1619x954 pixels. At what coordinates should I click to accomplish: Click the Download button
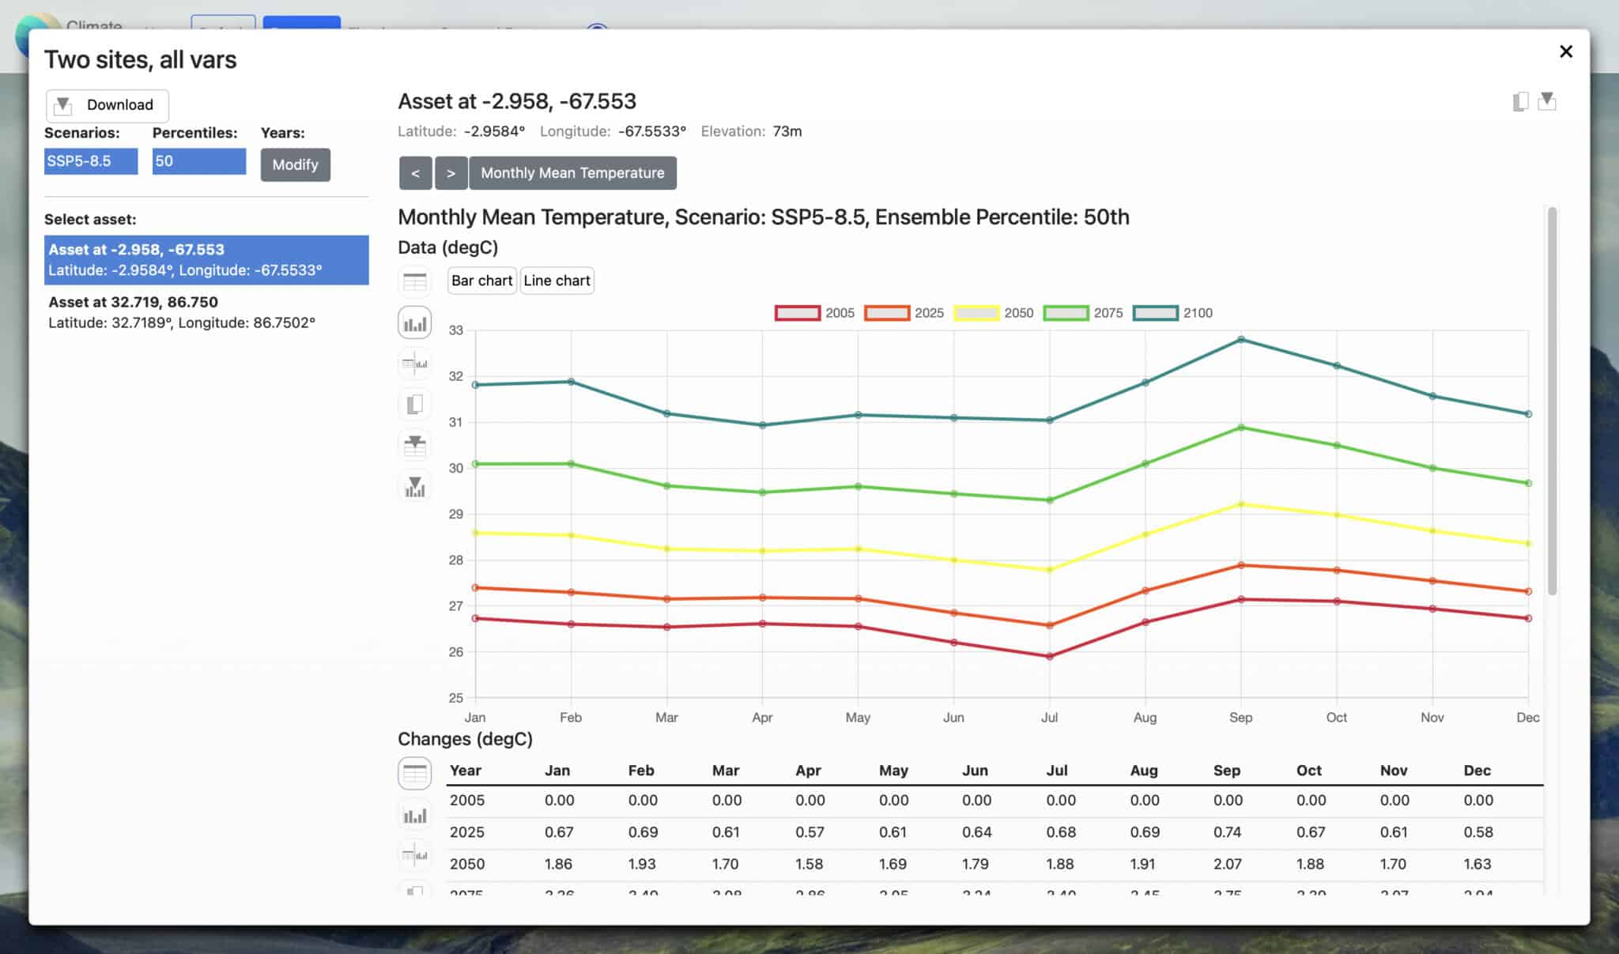[107, 105]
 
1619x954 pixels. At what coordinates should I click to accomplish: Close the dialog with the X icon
[1565, 51]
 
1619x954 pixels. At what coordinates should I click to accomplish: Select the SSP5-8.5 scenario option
[90, 161]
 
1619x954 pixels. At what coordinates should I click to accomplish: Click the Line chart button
[557, 281]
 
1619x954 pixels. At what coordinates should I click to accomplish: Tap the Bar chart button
[481, 281]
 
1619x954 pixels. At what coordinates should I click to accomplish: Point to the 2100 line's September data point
[1241, 340]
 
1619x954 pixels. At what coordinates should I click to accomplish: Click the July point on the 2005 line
[1050, 656]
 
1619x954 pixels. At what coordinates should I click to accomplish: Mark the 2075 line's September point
[1241, 428]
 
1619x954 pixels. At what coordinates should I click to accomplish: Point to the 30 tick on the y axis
[456, 468]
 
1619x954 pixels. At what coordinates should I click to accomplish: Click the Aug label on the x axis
[1145, 717]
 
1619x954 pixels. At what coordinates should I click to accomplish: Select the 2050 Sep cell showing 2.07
[1227, 864]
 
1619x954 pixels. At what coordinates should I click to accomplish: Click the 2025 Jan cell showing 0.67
[559, 832]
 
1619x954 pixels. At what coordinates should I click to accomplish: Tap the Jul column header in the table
[1056, 771]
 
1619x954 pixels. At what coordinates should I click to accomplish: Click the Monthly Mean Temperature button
[572, 173]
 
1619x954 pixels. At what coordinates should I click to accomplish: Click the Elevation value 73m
[787, 131]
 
